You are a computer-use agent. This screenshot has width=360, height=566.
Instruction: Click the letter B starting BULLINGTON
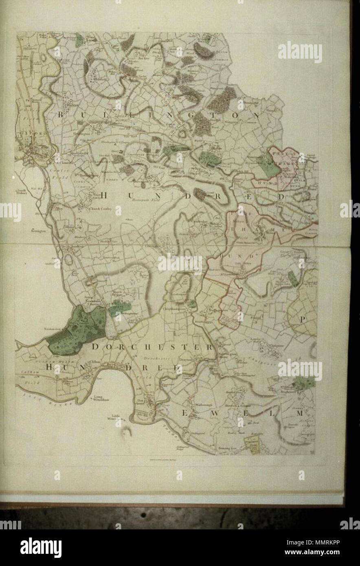61,116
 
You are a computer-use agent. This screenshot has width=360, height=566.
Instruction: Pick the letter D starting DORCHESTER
95,347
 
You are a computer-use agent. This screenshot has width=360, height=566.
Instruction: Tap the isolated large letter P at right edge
303,320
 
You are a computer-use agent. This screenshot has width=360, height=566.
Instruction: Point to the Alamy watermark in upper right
300,53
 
